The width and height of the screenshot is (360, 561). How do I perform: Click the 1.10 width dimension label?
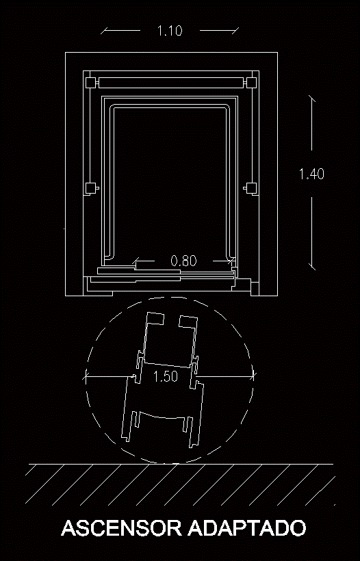tap(170, 30)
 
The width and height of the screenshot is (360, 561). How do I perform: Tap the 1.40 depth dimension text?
tap(311, 174)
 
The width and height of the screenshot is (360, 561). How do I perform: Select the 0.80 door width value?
tap(183, 261)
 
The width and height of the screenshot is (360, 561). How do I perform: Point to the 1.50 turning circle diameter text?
tap(166, 376)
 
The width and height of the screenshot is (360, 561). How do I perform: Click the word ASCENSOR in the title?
tap(122, 528)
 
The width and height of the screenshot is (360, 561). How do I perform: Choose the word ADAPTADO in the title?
tap(247, 528)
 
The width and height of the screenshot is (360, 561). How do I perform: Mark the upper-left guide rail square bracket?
tap(90, 83)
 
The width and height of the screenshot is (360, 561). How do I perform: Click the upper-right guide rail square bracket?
tap(252, 83)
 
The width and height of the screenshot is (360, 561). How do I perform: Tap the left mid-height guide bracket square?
tap(90, 187)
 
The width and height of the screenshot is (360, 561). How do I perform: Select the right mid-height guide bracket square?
tap(252, 187)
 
